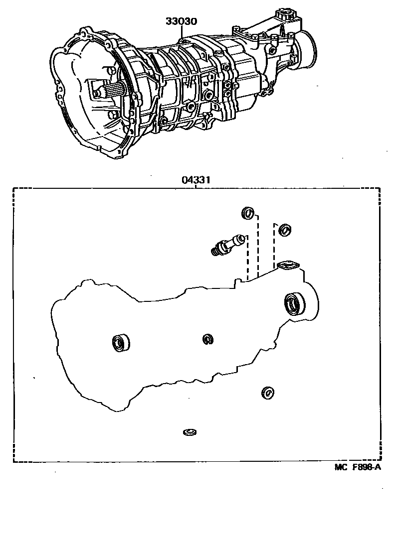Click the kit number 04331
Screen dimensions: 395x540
click(x=195, y=181)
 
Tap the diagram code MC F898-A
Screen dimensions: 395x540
click(x=358, y=467)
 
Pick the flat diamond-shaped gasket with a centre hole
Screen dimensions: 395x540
click(x=288, y=266)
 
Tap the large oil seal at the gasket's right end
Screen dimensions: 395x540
click(x=295, y=304)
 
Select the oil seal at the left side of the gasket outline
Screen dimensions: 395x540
click(x=120, y=343)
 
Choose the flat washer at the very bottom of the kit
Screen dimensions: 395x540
click(x=190, y=431)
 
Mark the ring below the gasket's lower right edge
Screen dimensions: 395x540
click(x=268, y=393)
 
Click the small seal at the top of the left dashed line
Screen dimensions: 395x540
click(x=247, y=213)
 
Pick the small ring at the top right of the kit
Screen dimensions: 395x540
click(x=285, y=229)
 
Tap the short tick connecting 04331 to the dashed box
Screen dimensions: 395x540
click(x=195, y=186)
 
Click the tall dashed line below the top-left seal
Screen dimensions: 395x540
click(x=257, y=247)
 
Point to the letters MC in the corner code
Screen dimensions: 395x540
click(x=340, y=467)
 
